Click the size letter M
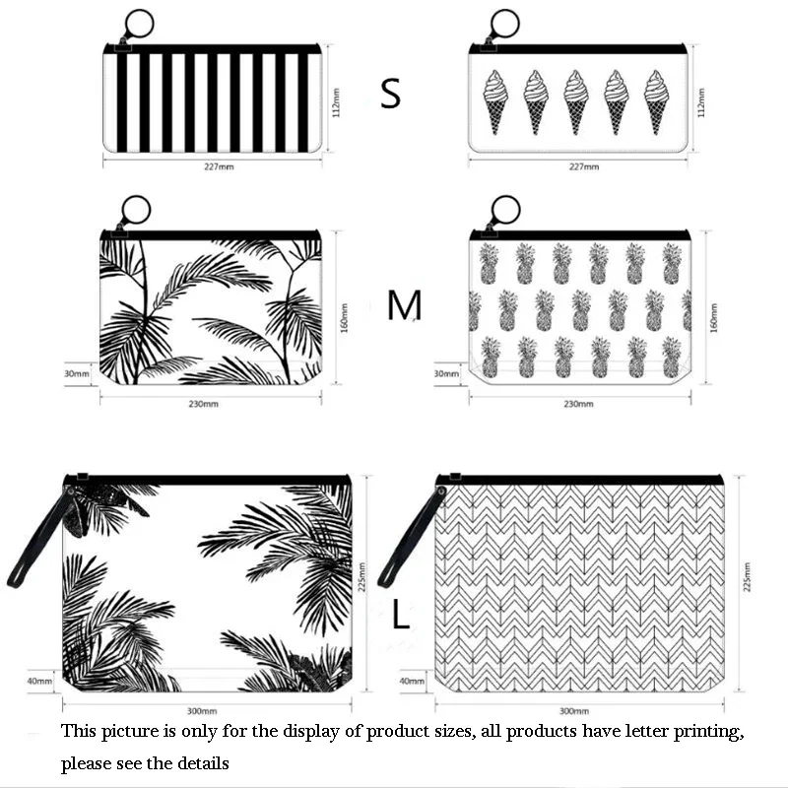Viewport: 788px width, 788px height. [x=404, y=306]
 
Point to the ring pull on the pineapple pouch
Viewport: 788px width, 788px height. [x=504, y=210]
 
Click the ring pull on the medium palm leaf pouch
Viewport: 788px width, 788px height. [x=136, y=210]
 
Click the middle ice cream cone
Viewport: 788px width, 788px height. [x=576, y=100]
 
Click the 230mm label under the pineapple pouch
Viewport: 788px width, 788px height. [x=578, y=404]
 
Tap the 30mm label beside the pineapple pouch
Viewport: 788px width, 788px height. [x=445, y=373]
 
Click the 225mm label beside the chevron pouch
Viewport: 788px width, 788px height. [x=748, y=577]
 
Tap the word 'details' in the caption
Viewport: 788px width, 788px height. [x=202, y=763]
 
